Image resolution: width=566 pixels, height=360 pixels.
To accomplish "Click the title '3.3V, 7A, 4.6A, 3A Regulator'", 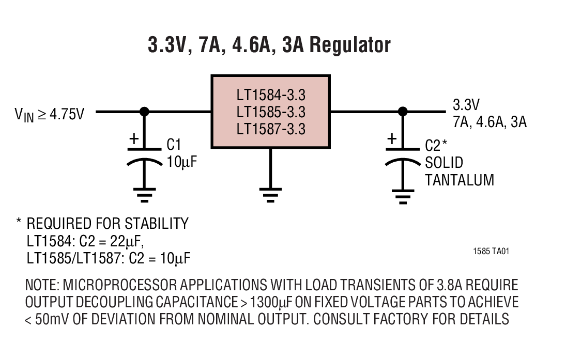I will pyautogui.click(x=269, y=45).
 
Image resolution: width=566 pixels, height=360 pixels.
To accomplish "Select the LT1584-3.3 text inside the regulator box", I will pyautogui.click(x=271, y=96).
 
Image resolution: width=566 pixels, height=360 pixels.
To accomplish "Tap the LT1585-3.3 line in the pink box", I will pyautogui.click(x=271, y=112).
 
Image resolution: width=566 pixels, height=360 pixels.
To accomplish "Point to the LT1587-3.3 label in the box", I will pyautogui.click(x=271, y=128).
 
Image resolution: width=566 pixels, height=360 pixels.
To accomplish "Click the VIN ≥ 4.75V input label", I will pyautogui.click(x=49, y=114).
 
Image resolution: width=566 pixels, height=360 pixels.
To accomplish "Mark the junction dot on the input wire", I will pyautogui.click(x=145, y=111).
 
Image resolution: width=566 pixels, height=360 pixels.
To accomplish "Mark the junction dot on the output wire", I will pyautogui.click(x=402, y=111).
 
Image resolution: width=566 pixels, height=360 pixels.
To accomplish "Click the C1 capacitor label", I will pyautogui.click(x=174, y=145).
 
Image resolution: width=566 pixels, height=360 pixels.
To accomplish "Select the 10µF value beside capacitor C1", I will pyautogui.click(x=181, y=162).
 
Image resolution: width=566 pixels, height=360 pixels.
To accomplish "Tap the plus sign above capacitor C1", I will pyautogui.click(x=133, y=139).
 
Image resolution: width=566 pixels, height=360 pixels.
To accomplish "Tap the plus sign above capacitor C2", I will pyautogui.click(x=392, y=139).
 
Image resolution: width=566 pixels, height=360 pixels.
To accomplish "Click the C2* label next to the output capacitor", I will pyautogui.click(x=435, y=145).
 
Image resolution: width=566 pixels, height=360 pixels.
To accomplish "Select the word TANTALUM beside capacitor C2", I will pyautogui.click(x=459, y=180).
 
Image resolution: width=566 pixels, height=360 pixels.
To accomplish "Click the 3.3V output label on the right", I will pyautogui.click(x=466, y=105).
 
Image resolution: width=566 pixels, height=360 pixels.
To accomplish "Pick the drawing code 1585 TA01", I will pyautogui.click(x=491, y=252).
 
